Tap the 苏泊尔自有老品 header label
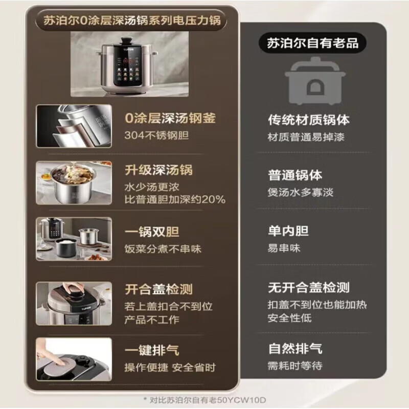click(312, 43)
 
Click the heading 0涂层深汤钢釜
click(170, 119)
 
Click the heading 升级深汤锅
click(158, 170)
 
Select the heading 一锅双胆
click(152, 232)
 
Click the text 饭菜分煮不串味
click(163, 249)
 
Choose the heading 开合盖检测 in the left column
click(158, 289)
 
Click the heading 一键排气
click(152, 350)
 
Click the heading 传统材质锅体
click(309, 120)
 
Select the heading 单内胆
click(288, 231)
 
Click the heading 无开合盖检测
click(309, 288)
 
